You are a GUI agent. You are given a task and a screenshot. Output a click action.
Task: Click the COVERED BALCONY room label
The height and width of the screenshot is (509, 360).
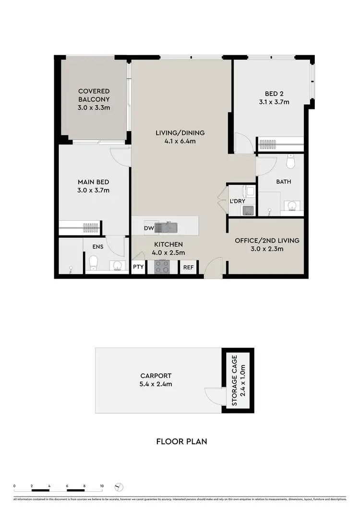click(x=94, y=99)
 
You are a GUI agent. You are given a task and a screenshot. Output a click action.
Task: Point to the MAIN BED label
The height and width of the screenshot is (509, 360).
click(x=94, y=186)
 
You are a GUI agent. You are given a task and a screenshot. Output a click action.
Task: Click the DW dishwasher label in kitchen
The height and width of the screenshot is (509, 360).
click(x=148, y=228)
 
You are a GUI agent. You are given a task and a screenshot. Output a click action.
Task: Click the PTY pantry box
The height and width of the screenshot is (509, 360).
click(x=138, y=267)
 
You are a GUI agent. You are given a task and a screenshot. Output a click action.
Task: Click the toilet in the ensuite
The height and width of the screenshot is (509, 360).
click(x=94, y=263)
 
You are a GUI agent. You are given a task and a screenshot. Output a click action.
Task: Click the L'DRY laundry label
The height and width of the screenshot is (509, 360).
click(x=237, y=201)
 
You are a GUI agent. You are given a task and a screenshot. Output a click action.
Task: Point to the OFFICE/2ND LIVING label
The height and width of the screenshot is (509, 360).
click(x=266, y=244)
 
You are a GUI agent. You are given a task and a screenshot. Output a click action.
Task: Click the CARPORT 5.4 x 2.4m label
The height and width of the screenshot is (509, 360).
click(x=156, y=380)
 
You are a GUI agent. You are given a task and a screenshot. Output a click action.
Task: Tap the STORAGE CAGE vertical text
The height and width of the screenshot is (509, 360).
click(x=238, y=380)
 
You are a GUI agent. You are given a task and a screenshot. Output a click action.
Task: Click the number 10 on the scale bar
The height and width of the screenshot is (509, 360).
click(x=102, y=486)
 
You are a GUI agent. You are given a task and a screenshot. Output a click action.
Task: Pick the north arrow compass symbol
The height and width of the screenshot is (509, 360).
click(x=120, y=487)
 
